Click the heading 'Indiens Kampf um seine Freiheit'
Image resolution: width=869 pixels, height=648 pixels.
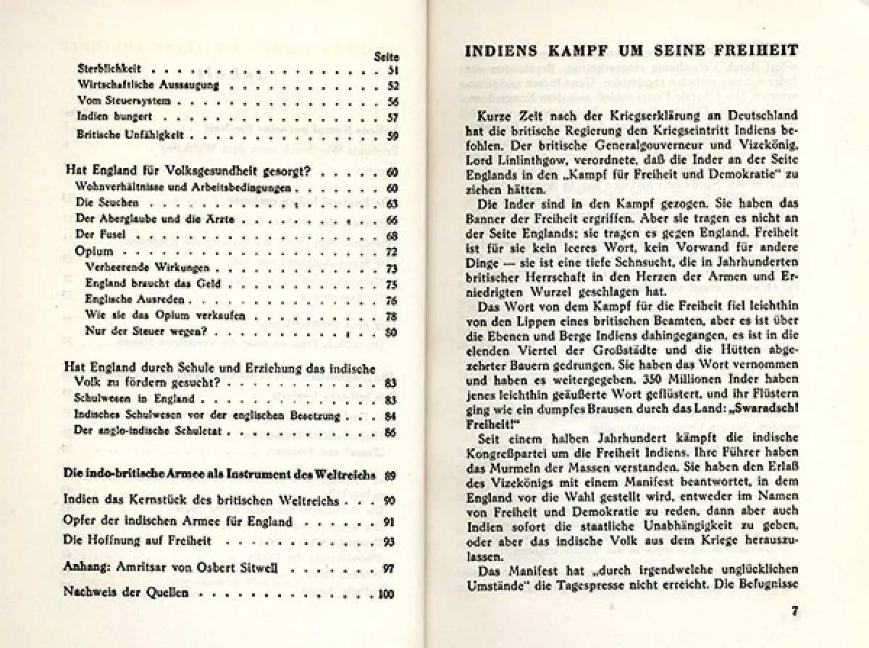coord(630,53)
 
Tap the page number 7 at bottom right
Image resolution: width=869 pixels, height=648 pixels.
coord(794,610)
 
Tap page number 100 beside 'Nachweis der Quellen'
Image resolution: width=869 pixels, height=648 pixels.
coord(386,594)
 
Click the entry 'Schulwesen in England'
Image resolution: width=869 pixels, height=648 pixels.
coord(125,398)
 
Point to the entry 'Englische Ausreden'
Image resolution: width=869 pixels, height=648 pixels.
coord(130,299)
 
